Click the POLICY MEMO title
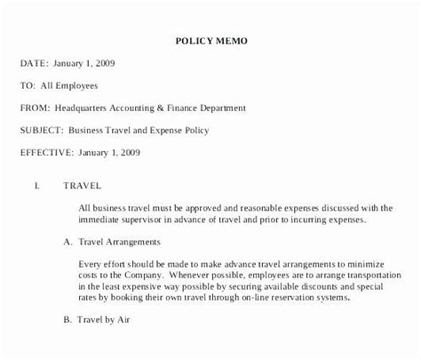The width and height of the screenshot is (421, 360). point(210,40)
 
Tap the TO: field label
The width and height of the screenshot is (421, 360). point(28,85)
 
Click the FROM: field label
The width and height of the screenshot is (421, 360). point(36,108)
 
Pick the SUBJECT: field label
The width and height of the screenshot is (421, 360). point(43,130)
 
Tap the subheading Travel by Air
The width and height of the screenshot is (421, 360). point(109,319)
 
